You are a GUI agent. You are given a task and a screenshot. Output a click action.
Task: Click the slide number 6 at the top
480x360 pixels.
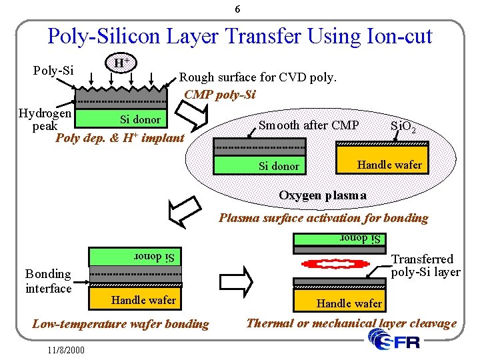tap(238, 9)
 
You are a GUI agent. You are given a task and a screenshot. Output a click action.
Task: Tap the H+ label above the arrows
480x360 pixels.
tap(121, 63)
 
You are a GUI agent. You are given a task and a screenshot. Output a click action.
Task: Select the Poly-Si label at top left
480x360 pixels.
tap(53, 70)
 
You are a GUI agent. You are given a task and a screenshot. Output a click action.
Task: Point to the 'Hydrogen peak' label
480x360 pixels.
tap(45, 119)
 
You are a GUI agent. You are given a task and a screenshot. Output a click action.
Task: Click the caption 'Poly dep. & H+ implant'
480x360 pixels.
tap(119, 138)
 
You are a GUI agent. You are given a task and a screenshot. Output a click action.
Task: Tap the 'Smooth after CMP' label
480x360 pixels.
tap(309, 125)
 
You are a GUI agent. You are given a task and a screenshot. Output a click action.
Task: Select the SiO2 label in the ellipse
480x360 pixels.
tap(403, 126)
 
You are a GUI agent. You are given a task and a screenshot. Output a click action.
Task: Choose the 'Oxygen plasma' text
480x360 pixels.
tap(323, 195)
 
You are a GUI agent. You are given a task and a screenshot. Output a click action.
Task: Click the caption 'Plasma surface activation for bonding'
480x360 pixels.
tap(323, 217)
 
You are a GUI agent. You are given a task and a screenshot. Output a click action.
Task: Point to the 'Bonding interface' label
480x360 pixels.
tap(48, 281)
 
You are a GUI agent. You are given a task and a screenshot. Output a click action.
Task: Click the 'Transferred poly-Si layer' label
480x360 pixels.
tap(425, 265)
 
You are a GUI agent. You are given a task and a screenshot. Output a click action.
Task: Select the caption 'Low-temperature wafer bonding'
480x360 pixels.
tap(121, 324)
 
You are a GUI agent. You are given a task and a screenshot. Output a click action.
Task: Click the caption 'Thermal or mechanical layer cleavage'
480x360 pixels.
tap(351, 323)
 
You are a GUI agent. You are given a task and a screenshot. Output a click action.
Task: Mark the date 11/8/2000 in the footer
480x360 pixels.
tap(66, 349)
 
